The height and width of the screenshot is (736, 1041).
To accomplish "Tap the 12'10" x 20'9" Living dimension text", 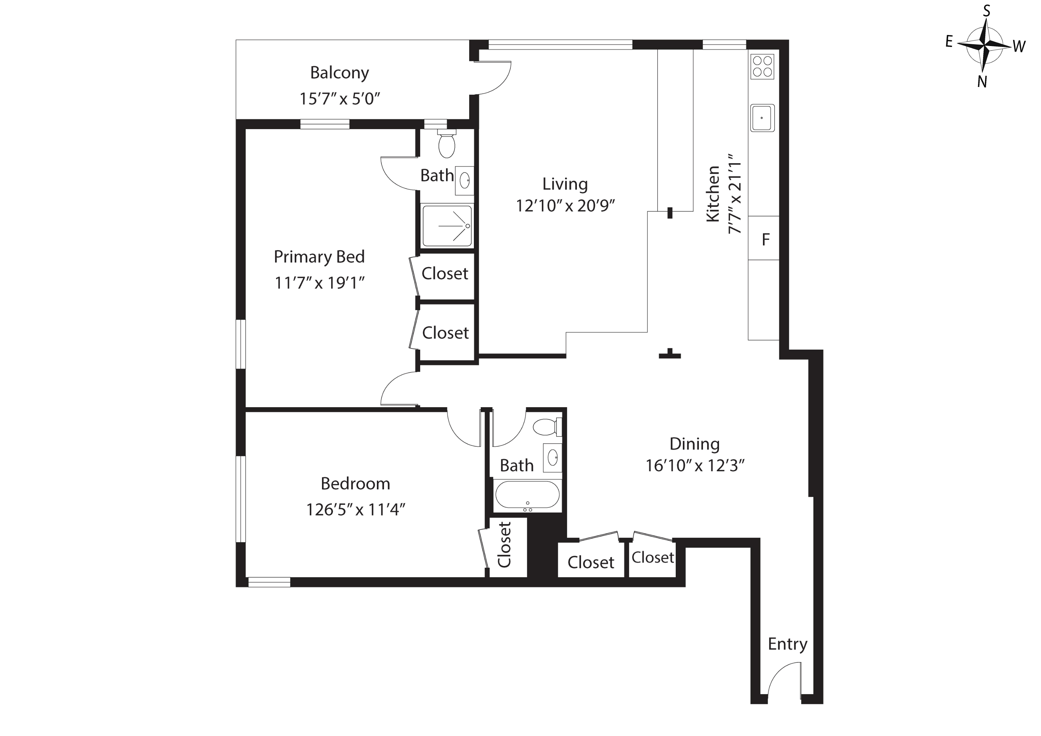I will [565, 206].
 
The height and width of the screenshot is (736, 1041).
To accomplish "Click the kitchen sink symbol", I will [762, 118].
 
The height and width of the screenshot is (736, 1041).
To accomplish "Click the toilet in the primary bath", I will [447, 144].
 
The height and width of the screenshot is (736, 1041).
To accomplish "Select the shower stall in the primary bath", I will [447, 226].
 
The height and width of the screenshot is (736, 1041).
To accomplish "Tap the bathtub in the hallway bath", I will [527, 494].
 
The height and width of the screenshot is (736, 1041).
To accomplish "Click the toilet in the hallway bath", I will [546, 427].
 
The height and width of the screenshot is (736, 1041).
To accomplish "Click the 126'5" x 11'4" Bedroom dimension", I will [355, 510].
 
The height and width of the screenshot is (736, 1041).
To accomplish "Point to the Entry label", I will [787, 644].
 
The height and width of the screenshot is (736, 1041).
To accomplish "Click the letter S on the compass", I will [986, 11].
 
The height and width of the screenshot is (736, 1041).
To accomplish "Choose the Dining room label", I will [694, 444].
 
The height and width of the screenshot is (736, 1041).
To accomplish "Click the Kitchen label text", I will [713, 194].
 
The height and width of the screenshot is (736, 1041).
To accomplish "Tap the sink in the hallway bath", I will [552, 458].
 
